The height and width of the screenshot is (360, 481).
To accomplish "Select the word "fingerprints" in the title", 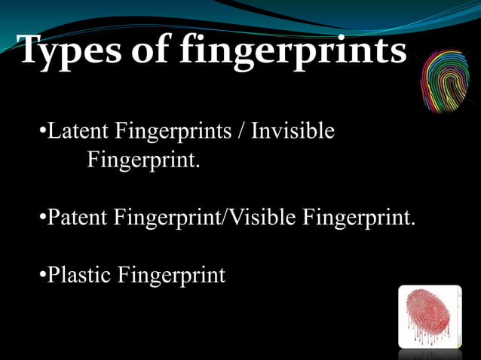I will click(x=293, y=52).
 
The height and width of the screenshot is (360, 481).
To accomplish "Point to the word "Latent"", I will click(x=78, y=131).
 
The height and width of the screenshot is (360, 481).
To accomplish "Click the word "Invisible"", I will click(x=293, y=131).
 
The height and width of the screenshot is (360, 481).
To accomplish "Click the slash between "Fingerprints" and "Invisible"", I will click(x=240, y=132).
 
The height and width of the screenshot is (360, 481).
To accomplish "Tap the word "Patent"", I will click(x=78, y=218).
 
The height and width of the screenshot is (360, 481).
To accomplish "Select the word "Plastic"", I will click(x=79, y=275).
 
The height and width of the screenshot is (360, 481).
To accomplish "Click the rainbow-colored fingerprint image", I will click(x=444, y=81).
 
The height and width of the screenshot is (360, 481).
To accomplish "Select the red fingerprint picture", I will click(x=429, y=316).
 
